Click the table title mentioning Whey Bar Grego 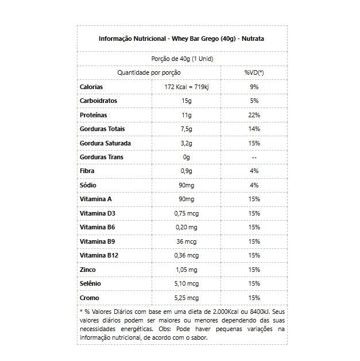click(181, 39)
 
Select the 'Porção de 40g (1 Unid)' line click(182, 59)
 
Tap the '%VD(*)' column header click(254, 72)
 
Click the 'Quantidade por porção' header click(149, 72)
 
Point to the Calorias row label click(91, 87)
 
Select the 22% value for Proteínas click(254, 115)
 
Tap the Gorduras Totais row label click(102, 129)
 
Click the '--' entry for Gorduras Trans click(254, 157)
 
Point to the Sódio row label click(88, 185)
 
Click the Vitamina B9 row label click(95, 241)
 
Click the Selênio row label click(90, 283)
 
